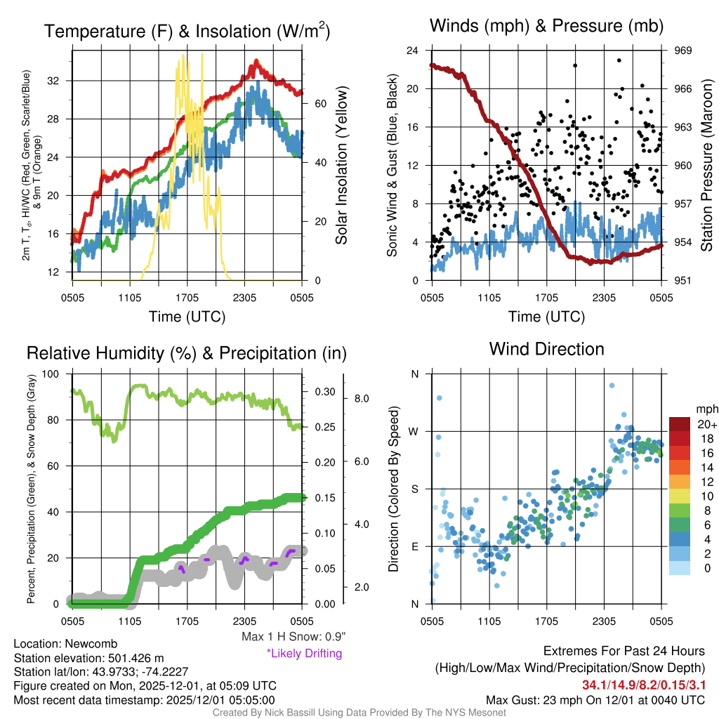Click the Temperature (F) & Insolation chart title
click(187, 32)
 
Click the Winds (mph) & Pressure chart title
click(547, 26)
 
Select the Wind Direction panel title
click(546, 349)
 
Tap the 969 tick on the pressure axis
click(683, 51)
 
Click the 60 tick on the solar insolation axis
click(318, 103)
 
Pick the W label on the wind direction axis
click(414, 431)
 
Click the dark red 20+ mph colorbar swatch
click(680, 424)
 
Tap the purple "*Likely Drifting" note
click(304, 654)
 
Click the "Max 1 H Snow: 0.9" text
click(293, 637)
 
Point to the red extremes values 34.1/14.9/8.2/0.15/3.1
click(643, 685)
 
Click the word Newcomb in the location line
click(91, 644)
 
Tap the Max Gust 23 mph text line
click(595, 700)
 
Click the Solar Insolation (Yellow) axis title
click(342, 166)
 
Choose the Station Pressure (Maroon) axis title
click(707, 166)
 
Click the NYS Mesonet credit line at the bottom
click(359, 713)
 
